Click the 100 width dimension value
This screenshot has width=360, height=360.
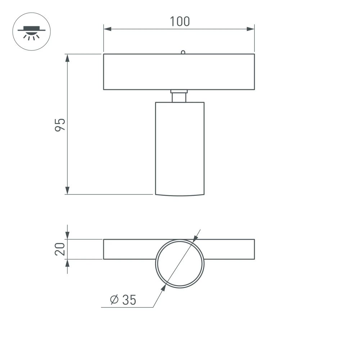(x=180, y=21)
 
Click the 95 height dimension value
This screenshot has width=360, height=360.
(x=60, y=124)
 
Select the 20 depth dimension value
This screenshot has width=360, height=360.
(x=60, y=249)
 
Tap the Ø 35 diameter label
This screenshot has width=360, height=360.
(x=123, y=300)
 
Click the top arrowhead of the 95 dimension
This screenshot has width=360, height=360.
(x=67, y=58)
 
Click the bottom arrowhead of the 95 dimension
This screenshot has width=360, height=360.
(x=67, y=190)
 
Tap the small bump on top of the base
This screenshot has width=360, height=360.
(x=183, y=52)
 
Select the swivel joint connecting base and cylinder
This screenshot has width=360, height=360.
(x=179, y=96)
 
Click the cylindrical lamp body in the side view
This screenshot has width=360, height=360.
(x=180, y=148)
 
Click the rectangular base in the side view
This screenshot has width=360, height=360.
(x=179, y=72)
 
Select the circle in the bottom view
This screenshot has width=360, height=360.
(x=180, y=264)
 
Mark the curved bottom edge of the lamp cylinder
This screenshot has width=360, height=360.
(x=180, y=196)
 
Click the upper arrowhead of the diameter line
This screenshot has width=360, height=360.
(x=195, y=238)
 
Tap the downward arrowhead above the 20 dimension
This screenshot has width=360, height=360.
(x=67, y=235)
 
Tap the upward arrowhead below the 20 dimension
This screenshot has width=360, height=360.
(x=67, y=263)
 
